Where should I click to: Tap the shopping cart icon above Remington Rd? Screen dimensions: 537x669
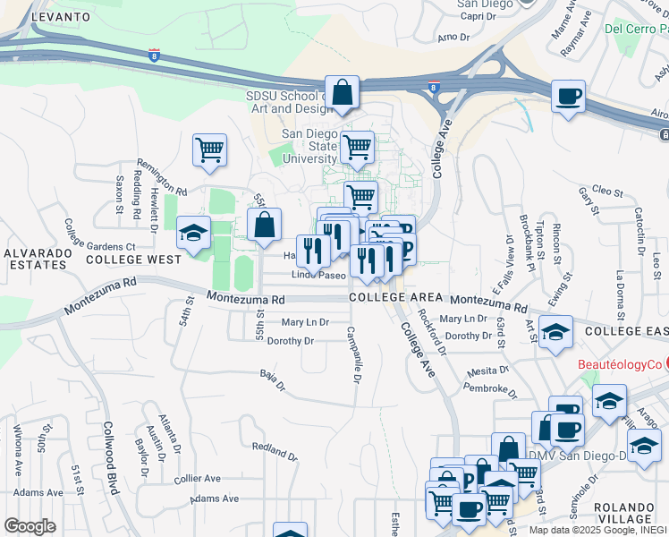210,150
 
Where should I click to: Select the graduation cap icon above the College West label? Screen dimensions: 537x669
193,234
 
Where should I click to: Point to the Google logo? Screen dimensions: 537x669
30,526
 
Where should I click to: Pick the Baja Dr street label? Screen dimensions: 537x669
271,380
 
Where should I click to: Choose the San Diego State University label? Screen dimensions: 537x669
309,146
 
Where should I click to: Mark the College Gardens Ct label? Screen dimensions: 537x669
99,247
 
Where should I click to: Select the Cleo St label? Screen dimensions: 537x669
606,191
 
